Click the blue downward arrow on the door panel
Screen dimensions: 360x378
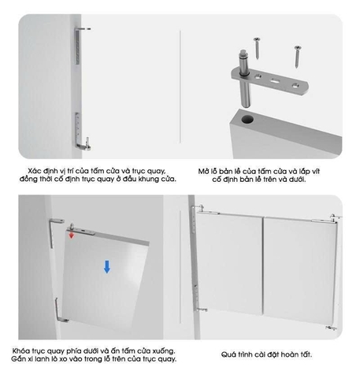pos(107,267)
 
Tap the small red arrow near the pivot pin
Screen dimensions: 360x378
pos(71,235)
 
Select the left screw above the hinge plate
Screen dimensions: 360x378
pos(257,48)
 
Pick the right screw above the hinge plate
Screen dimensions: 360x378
pos(298,57)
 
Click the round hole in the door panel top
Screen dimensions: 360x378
pos(247,120)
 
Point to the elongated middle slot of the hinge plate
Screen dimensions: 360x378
pos(274,81)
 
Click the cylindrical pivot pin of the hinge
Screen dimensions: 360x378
pos(244,78)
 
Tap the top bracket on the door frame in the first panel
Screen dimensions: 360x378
pos(80,45)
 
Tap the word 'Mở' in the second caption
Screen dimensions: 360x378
pos(203,172)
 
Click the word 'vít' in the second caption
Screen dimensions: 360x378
pos(316,172)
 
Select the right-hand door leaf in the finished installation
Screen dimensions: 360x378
pos(299,270)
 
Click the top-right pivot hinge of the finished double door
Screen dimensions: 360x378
pos(335,218)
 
